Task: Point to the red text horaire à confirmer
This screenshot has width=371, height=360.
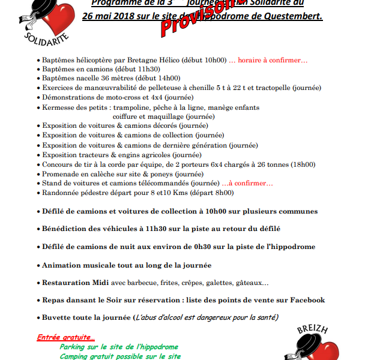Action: pyautogui.click(x=273, y=61)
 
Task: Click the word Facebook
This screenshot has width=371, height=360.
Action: pyautogui.click(x=307, y=300)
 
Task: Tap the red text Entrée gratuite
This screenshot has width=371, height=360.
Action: pyautogui.click(x=66, y=338)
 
